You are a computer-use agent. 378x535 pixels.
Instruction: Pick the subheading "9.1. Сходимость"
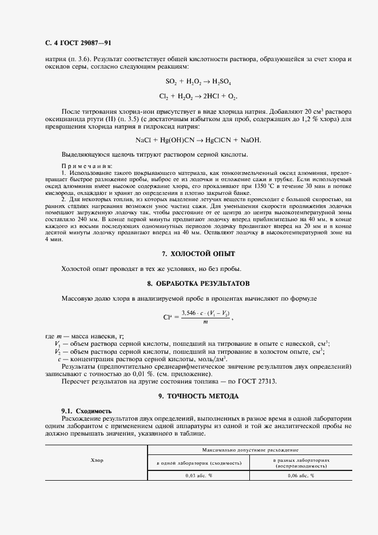pyautogui.click(x=86, y=411)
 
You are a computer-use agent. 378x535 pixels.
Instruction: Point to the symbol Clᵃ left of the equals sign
pyautogui.click(x=168, y=317)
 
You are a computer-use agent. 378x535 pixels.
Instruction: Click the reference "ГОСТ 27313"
pyautogui.click(x=254, y=381)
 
